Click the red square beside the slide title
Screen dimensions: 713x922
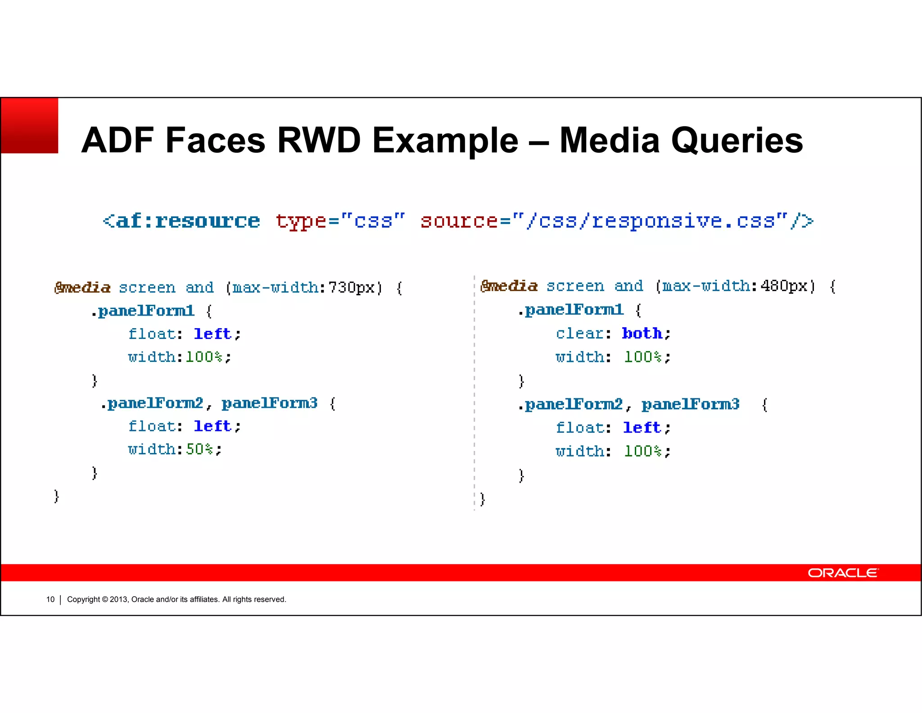click(30, 126)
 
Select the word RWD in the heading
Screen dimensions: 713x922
click(319, 141)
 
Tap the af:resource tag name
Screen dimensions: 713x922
click(187, 221)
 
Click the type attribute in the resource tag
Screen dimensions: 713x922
click(301, 221)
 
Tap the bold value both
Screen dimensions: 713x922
click(642, 334)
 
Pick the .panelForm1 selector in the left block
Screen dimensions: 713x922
click(143, 311)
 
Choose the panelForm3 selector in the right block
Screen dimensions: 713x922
click(690, 404)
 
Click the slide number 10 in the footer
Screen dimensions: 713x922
click(50, 599)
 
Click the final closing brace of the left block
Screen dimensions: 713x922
click(56, 496)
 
